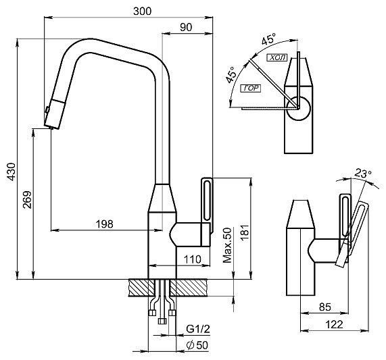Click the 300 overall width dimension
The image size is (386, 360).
(x=142, y=11)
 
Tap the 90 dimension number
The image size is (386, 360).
(x=186, y=27)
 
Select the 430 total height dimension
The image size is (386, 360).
(x=11, y=172)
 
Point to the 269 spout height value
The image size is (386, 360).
(x=27, y=200)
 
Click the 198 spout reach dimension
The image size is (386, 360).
(x=104, y=224)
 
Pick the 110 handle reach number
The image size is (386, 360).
(x=193, y=259)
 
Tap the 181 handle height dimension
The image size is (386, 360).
(x=245, y=232)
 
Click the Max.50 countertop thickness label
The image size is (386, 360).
(x=227, y=245)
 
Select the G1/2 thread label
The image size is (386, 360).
(x=198, y=329)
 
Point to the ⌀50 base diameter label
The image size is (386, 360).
(x=197, y=345)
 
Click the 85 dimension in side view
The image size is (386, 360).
(x=325, y=307)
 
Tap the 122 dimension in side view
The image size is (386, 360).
(x=334, y=325)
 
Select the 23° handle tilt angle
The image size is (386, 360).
(x=363, y=174)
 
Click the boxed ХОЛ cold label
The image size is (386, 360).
(x=277, y=57)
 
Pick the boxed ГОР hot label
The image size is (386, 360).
(x=251, y=88)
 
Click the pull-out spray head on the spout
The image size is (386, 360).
(x=55, y=113)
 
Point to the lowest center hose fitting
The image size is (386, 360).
(x=162, y=321)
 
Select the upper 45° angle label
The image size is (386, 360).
(x=269, y=40)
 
